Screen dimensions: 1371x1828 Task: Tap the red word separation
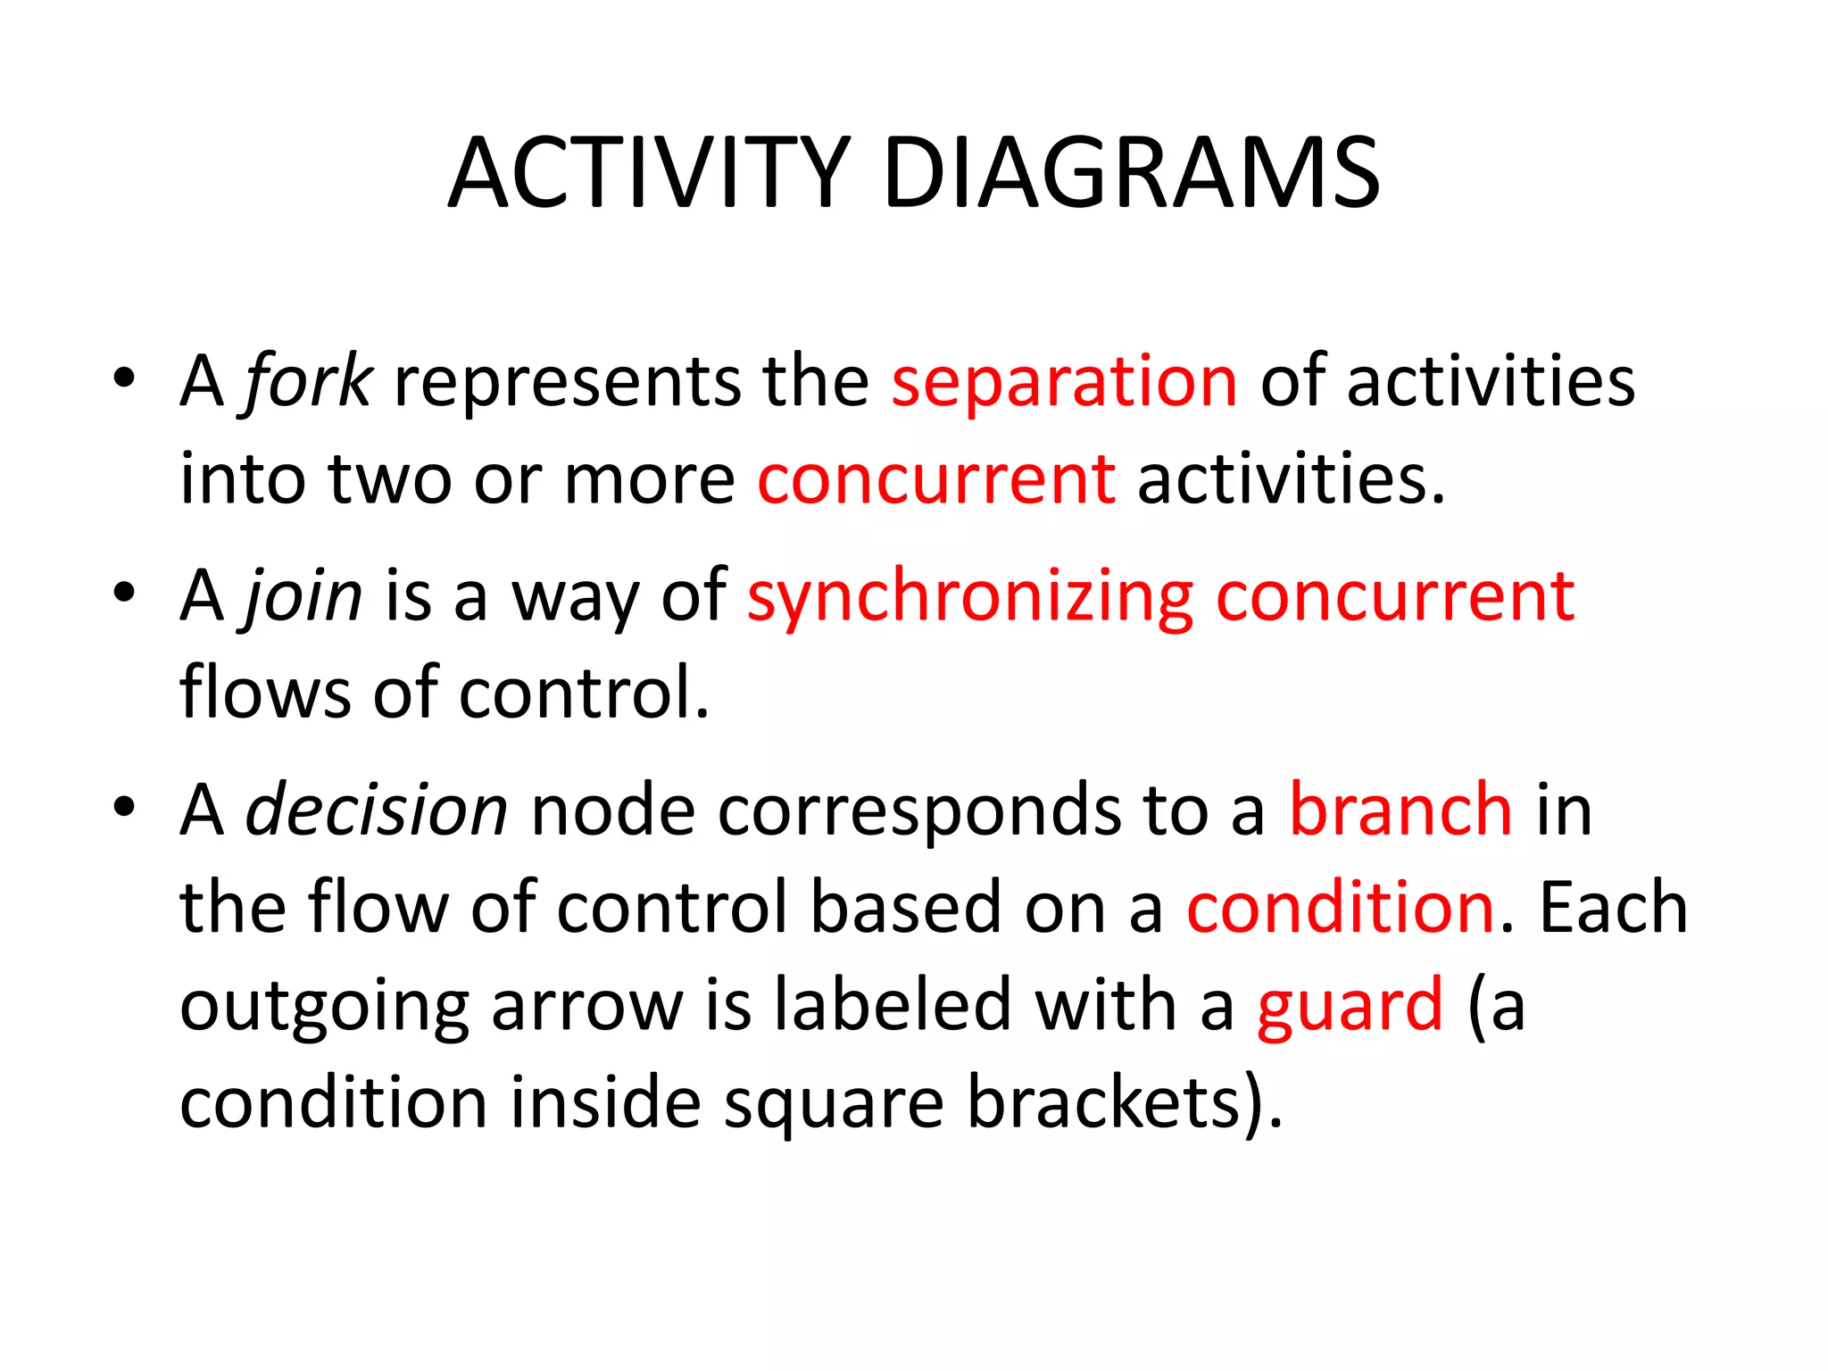[x=1064, y=382]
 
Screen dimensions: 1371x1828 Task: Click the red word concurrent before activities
[x=936, y=480]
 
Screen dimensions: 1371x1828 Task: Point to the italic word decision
[x=376, y=810]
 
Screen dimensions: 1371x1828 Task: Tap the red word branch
[x=1400, y=810]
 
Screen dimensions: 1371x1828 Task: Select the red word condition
[x=1341, y=909]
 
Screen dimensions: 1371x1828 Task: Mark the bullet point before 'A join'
[x=124, y=592]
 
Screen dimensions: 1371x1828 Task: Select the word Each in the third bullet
[x=1614, y=909]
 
